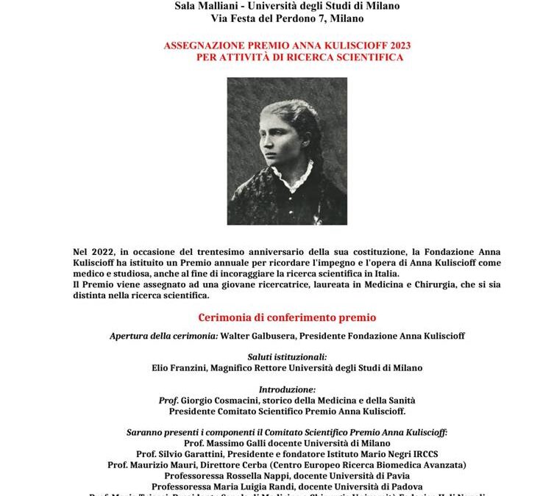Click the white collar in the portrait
(x=282, y=176)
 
